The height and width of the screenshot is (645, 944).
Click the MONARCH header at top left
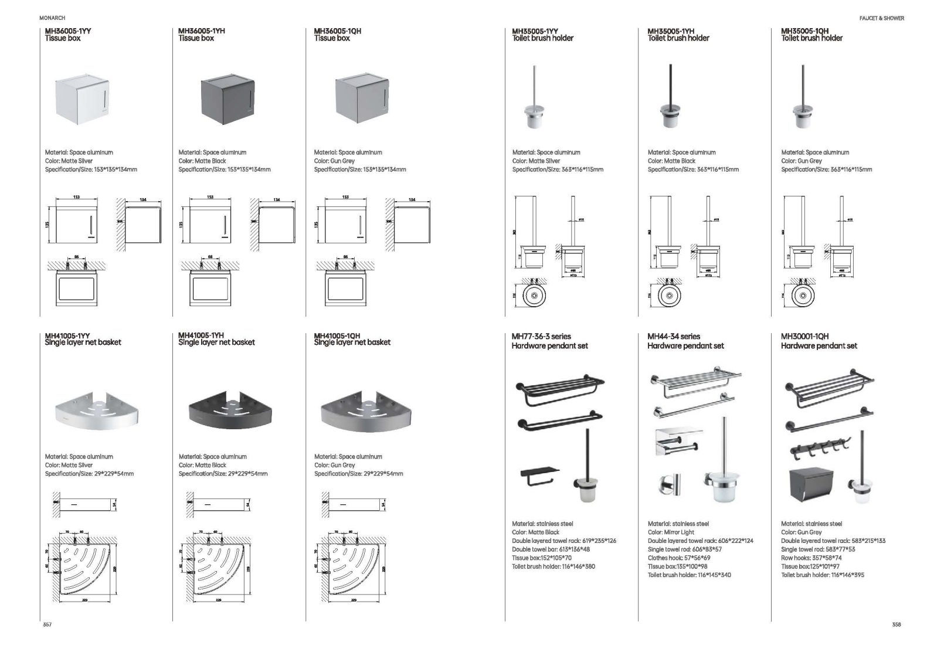pyautogui.click(x=52, y=18)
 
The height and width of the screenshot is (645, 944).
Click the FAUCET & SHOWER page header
pyautogui.click(x=881, y=18)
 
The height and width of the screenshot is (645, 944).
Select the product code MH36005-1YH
pyautogui.click(x=201, y=30)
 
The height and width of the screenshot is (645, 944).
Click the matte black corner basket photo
pyautogui.click(x=231, y=409)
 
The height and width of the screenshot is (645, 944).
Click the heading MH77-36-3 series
pyautogui.click(x=541, y=337)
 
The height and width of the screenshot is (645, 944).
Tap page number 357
pyautogui.click(x=47, y=625)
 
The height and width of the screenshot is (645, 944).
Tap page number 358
pyautogui.click(x=896, y=625)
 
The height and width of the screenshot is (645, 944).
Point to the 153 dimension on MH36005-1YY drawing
pyautogui.click(x=76, y=198)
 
